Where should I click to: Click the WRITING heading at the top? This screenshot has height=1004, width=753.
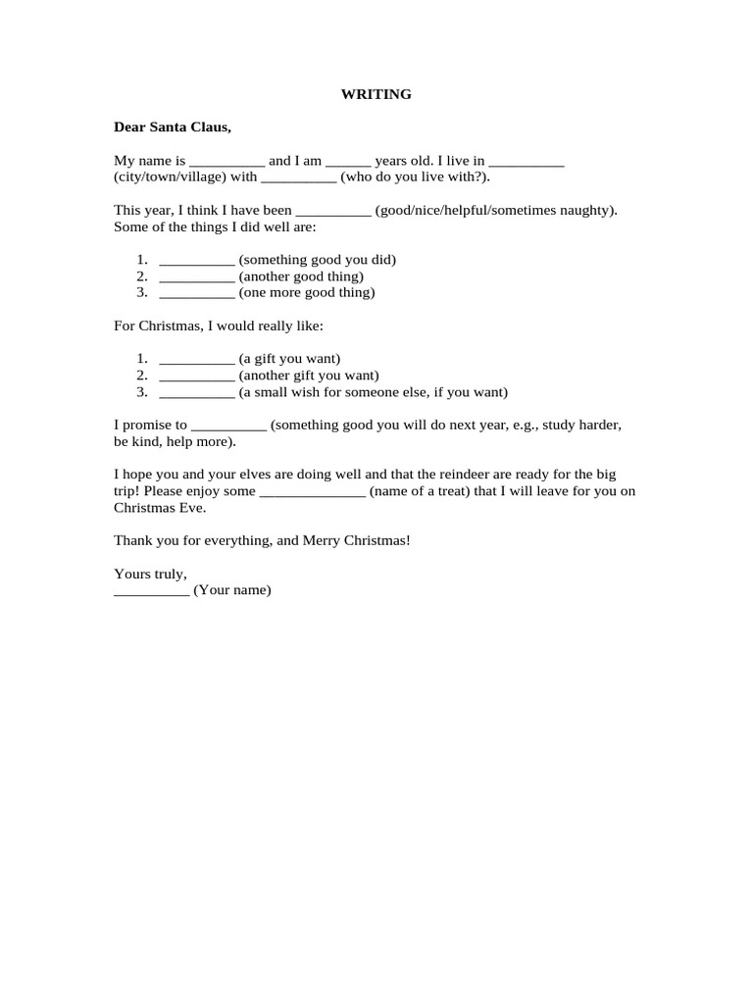pos(376,94)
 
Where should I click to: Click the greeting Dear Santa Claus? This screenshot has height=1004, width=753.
pos(173,126)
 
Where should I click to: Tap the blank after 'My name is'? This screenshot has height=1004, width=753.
pos(226,162)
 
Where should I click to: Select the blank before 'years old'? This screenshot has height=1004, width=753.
pos(348,162)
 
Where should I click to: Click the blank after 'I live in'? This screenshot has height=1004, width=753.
pos(526,162)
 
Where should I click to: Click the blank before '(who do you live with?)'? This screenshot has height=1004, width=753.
pos(299,178)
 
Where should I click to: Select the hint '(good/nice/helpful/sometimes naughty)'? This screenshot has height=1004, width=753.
pos(496,210)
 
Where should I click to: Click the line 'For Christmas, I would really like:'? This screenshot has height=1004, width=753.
pos(218,325)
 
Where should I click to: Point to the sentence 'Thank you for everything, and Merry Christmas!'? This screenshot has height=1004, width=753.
pos(262,540)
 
